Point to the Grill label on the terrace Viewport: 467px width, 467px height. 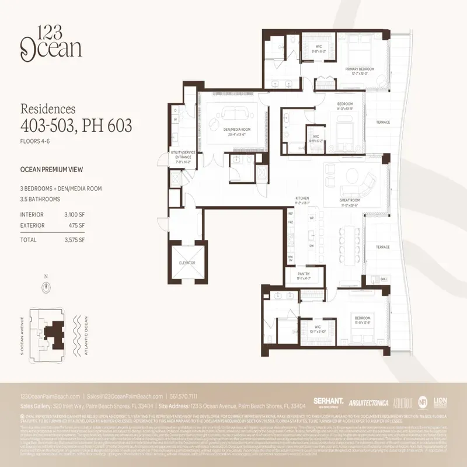(384, 280)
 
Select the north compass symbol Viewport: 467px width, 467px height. (46, 287)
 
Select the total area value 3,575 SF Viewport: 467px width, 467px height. (74, 239)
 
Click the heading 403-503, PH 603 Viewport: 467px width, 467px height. (76, 124)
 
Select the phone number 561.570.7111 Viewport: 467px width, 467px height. (184, 396)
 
